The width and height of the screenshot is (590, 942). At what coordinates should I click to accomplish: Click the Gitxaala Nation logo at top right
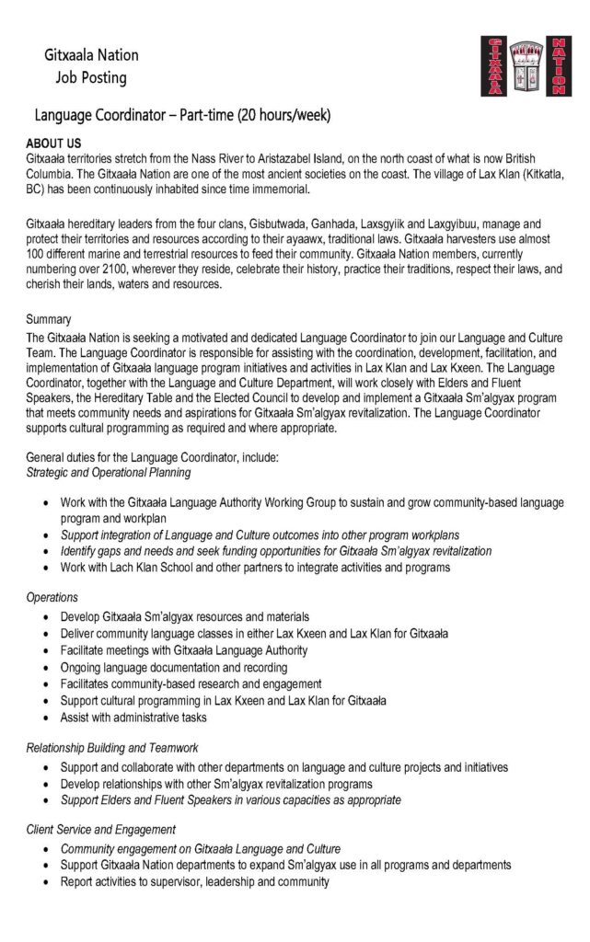pos(525,65)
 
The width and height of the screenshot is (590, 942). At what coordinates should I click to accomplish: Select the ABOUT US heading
pos(54,144)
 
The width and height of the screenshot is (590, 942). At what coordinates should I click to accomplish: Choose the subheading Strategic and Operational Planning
pos(109,472)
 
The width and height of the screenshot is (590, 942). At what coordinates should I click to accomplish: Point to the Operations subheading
pos(52,597)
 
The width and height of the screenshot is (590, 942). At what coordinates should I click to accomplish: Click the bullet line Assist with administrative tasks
pos(133,717)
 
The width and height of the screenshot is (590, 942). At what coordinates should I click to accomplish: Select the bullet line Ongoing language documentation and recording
pos(174,667)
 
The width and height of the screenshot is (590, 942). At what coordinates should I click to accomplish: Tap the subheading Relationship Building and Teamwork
pos(112,748)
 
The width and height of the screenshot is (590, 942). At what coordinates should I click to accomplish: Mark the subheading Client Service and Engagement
pos(101,830)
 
